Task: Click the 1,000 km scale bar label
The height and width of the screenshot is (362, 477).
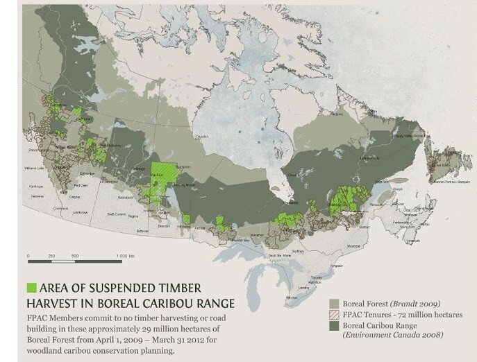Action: click(x=126, y=257)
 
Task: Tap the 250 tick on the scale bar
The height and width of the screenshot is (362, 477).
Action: click(x=51, y=257)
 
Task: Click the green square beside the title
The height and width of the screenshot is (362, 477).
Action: click(x=31, y=287)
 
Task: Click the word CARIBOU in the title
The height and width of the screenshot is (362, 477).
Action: click(x=174, y=302)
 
